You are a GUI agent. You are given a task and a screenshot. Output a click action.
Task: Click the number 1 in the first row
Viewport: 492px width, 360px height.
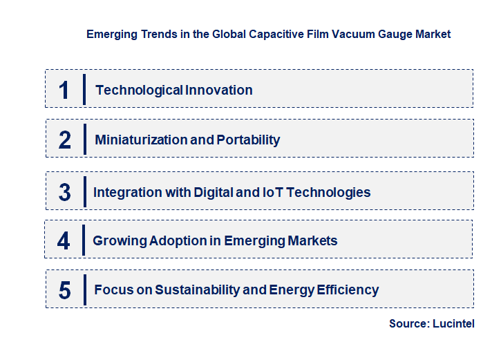tap(64, 90)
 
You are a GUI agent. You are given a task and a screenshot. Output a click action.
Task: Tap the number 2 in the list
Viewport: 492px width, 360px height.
tap(65, 140)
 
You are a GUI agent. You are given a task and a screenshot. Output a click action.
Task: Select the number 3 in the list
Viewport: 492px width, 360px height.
tap(64, 192)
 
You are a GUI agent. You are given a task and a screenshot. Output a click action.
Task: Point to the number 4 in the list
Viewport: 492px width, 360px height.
tap(64, 240)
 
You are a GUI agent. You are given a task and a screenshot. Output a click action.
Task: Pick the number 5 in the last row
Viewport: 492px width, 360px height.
tap(64, 290)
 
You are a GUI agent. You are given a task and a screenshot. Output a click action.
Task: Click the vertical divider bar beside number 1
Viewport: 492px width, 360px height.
tap(84, 89)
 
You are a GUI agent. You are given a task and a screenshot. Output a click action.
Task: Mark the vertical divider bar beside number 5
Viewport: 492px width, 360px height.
tap(84, 289)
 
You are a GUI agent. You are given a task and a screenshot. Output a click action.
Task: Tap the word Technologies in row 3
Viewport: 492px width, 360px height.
tap(328, 192)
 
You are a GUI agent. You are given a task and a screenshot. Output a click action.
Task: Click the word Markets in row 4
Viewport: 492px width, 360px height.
tap(312, 240)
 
